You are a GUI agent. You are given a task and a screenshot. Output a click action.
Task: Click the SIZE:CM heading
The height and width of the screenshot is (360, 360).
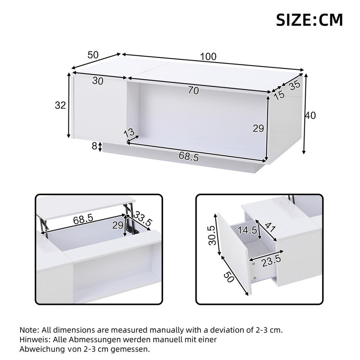tap(309, 20)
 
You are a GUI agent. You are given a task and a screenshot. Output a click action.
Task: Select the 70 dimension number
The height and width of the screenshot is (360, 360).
tap(194, 90)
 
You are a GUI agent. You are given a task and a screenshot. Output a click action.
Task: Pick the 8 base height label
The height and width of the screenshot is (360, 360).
tap(94, 146)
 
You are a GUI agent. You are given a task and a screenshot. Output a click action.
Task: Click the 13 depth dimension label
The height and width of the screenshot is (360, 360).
tap(129, 132)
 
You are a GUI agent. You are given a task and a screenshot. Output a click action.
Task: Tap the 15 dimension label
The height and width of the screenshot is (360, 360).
tap(279, 95)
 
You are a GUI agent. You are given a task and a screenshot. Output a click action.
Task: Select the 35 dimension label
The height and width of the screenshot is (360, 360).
tap(295, 85)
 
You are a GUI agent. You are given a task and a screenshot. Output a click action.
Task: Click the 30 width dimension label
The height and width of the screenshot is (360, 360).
tap(98, 81)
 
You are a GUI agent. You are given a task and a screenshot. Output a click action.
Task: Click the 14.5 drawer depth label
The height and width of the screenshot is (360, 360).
tap(248, 230)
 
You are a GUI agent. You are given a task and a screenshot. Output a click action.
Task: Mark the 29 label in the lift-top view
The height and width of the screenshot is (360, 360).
tap(118, 225)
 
